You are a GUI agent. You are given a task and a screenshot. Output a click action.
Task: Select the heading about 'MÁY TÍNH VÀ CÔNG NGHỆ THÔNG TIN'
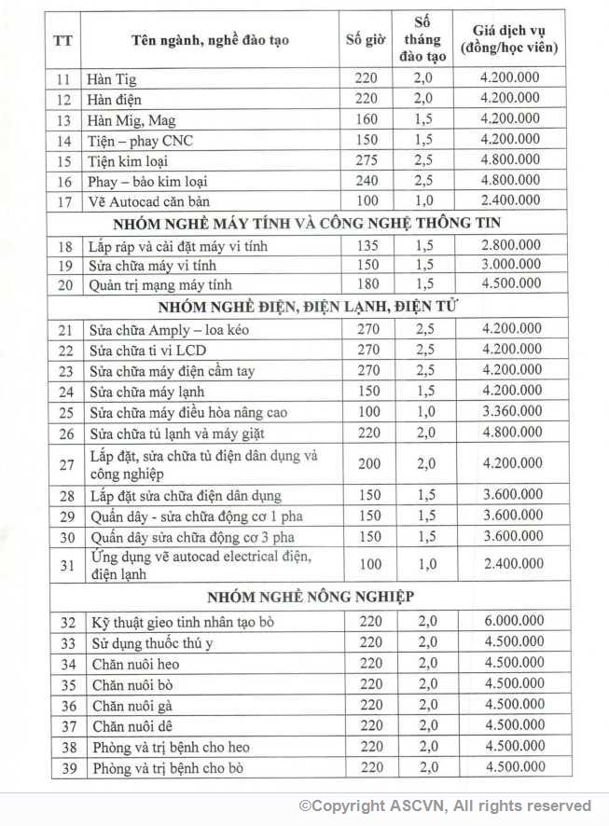pos(307,223)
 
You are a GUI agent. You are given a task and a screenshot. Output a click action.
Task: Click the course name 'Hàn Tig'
pos(111,78)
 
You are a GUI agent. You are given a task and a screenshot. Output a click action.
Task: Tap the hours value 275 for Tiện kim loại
pos(366,160)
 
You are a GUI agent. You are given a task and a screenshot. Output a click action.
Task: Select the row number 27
pos(64,464)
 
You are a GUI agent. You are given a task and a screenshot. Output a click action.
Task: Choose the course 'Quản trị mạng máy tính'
pos(159,284)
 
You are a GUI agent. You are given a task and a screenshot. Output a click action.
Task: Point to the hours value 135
pos(366,244)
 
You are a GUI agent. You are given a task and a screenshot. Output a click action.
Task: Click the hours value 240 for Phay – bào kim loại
pos(366,181)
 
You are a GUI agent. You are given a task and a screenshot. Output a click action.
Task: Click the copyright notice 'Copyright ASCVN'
pos(445,805)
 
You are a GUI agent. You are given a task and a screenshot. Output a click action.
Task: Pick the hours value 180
pos(366,284)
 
